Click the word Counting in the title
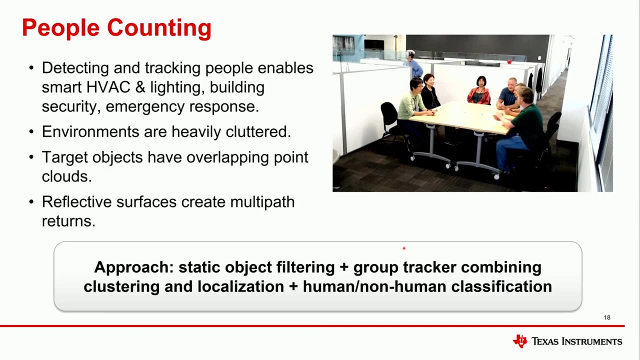[x=159, y=28]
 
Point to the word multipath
[x=262, y=202]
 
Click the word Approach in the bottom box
[x=134, y=267]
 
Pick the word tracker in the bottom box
[x=429, y=267]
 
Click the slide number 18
[x=607, y=317]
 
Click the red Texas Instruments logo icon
[x=519, y=341]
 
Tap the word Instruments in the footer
[x=591, y=341]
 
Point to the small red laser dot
[x=404, y=248]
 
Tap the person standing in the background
[x=414, y=64]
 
